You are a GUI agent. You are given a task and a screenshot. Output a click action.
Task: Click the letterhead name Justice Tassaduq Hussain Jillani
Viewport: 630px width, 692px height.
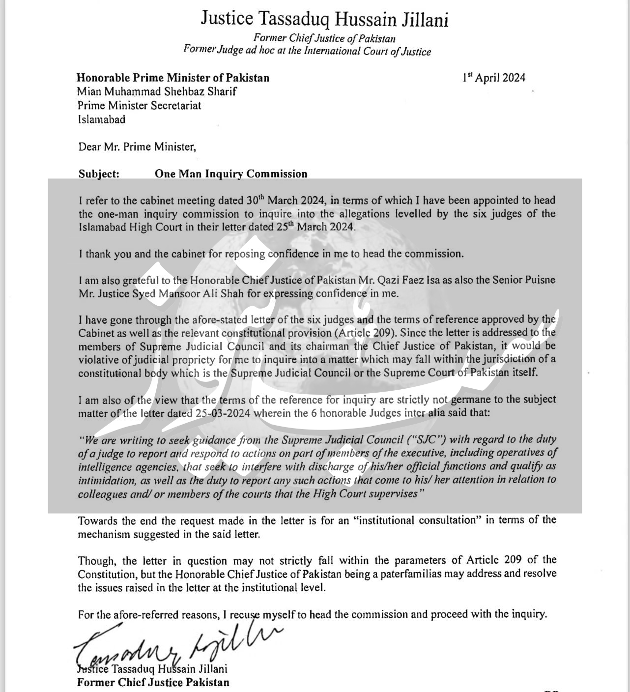(x=324, y=19)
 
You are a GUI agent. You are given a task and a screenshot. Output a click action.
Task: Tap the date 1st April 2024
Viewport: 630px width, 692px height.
(x=493, y=78)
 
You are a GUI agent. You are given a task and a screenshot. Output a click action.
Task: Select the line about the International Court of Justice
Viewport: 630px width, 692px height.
(x=307, y=51)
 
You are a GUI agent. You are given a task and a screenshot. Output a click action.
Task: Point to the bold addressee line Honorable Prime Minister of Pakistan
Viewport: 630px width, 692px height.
(x=173, y=78)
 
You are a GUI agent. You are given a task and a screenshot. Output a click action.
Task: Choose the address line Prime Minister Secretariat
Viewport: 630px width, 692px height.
(x=140, y=105)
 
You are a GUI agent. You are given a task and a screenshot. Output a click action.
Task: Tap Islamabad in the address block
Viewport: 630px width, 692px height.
(x=102, y=119)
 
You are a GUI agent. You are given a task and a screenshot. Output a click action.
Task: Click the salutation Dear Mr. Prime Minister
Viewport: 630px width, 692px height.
(x=137, y=146)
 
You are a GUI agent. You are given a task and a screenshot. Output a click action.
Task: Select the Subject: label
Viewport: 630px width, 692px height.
(x=99, y=174)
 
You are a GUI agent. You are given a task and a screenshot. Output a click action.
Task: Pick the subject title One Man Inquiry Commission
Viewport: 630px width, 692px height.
(x=231, y=174)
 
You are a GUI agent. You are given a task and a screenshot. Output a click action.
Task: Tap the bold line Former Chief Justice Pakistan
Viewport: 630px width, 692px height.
(x=153, y=682)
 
